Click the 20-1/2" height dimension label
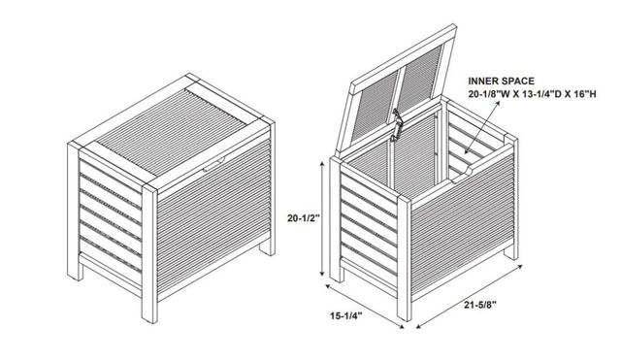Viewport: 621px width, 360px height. pos(303,217)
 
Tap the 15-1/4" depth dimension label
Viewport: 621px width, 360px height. pos(346,315)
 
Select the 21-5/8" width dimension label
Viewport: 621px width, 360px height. pos(480,305)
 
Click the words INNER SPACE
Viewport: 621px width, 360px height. pos(501,82)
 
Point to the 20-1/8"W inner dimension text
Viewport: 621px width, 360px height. pos(489,94)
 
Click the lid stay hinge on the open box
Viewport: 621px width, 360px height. pos(396,125)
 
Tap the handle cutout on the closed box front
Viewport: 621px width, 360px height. pos(213,163)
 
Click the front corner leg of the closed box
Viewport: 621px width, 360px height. pos(149,253)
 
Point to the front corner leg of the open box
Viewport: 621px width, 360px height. pos(405,258)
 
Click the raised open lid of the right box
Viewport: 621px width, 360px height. pos(396,89)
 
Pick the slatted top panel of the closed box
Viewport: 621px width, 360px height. pos(171,132)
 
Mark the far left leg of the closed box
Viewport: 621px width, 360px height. pos(75,212)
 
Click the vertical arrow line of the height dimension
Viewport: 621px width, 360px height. pos(322,219)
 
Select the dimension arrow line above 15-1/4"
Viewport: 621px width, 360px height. pos(365,306)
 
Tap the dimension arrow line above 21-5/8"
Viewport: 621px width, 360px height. pos(470,296)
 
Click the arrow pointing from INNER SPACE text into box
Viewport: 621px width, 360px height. pos(482,126)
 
